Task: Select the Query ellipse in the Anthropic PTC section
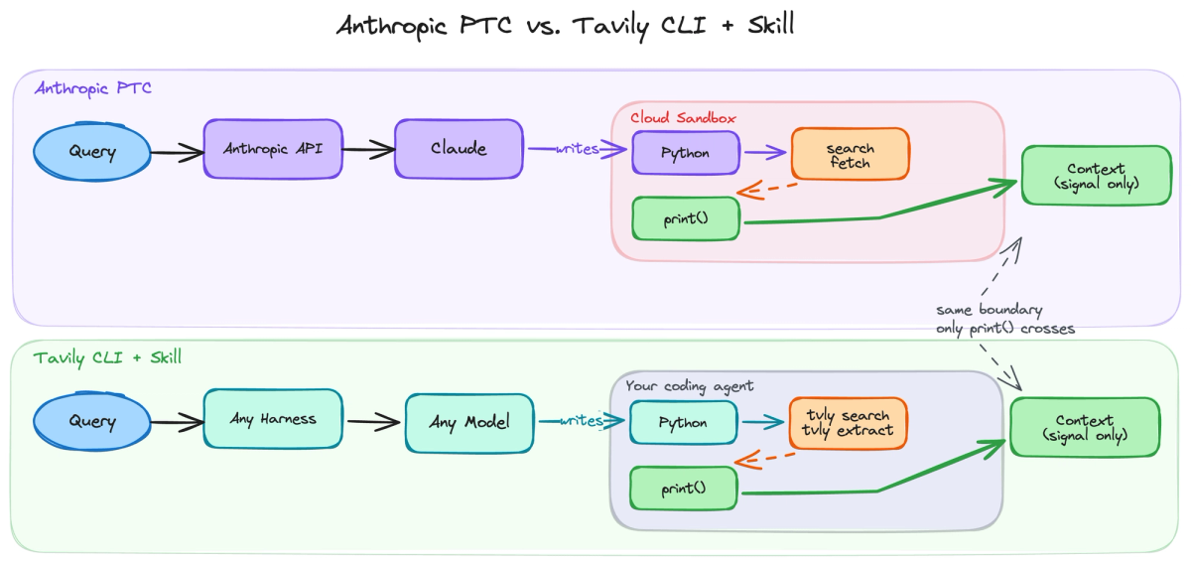pos(92,152)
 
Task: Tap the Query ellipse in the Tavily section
pos(92,420)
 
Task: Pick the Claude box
pos(459,149)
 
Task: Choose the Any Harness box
pos(273,419)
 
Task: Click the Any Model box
pos(469,423)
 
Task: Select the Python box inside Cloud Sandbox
pos(686,154)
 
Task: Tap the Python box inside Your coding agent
pos(684,423)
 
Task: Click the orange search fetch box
pos(850,155)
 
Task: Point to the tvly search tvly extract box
pos(849,423)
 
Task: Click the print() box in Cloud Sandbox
pos(686,218)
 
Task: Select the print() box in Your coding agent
pos(684,489)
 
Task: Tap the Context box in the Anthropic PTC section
pos(1096,176)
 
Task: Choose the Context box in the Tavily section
pos(1084,427)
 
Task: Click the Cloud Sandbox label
pos(683,117)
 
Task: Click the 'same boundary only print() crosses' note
pos(1004,319)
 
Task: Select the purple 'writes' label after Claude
pos(578,149)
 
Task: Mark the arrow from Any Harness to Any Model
pos(374,421)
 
